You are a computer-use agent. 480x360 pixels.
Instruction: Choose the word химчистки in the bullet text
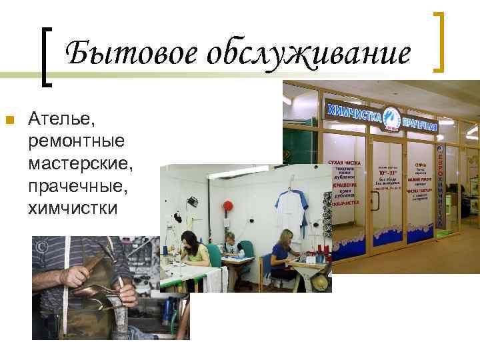(73, 209)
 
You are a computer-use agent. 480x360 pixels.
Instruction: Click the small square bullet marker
(9, 121)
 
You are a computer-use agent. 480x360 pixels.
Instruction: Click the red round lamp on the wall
(227, 205)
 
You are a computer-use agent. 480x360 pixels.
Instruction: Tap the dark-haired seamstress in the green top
(195, 253)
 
